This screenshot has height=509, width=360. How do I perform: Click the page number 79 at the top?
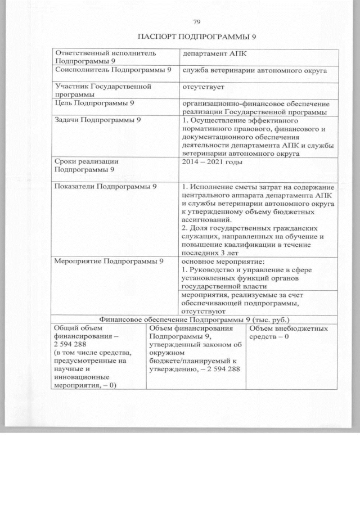[197, 22]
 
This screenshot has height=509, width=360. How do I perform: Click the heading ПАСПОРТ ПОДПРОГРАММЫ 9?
[197, 37]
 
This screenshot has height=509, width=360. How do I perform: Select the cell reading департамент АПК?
[214, 53]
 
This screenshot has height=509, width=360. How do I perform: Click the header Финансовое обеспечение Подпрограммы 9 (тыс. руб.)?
[194, 319]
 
